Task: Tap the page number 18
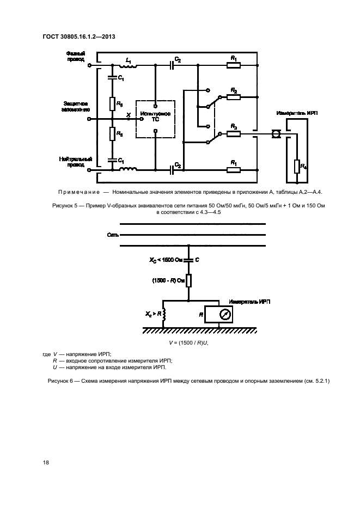[x=46, y=463]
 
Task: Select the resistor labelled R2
[x=233, y=96]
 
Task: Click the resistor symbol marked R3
[x=233, y=133]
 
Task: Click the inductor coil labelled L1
[x=128, y=66]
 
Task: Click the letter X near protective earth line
[x=128, y=114]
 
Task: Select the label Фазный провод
[x=75, y=57]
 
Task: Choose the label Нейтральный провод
[x=76, y=162]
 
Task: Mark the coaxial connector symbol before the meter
[x=276, y=133]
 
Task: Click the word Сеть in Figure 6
[x=113, y=235]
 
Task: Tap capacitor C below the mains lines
[x=188, y=260]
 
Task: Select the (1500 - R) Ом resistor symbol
[x=188, y=280]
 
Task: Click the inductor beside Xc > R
[x=163, y=315]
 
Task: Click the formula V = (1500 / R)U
[x=188, y=342]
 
